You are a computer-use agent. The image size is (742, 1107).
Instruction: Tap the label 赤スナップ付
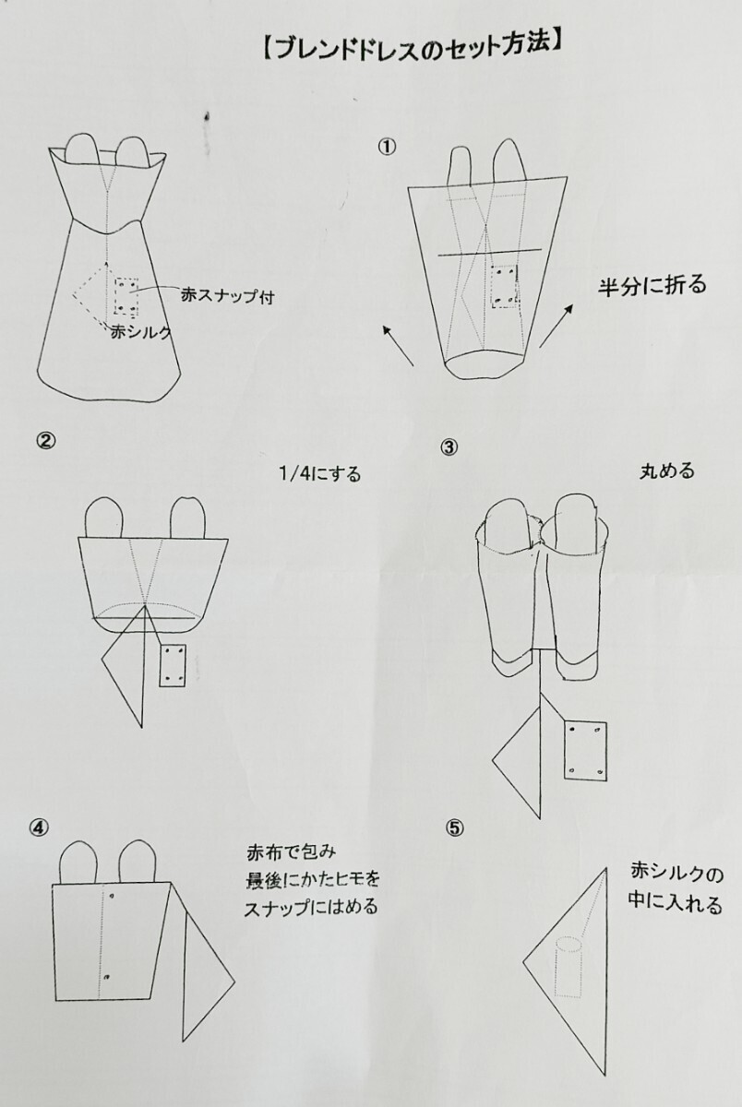[x=227, y=296]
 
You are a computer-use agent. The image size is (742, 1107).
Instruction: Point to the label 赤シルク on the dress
[x=140, y=332]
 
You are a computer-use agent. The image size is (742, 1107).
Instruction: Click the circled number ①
[x=388, y=147]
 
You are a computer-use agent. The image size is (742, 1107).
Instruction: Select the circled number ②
[x=45, y=441]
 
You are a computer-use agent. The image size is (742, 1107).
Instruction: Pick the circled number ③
[x=449, y=447]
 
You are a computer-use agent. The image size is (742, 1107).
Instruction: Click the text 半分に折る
[x=652, y=285]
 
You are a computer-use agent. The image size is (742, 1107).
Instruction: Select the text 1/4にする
[x=320, y=474]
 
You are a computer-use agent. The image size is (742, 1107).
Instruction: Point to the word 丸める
[x=667, y=470]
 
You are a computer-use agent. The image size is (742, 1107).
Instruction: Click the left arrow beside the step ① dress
[x=399, y=345]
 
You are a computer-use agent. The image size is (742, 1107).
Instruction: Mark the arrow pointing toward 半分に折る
[x=556, y=325]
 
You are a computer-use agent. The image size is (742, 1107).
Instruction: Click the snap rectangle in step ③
[x=585, y=751]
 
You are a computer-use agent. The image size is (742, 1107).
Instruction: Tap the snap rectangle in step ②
[x=173, y=665]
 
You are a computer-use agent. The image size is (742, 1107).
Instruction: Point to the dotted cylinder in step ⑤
[x=568, y=965]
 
